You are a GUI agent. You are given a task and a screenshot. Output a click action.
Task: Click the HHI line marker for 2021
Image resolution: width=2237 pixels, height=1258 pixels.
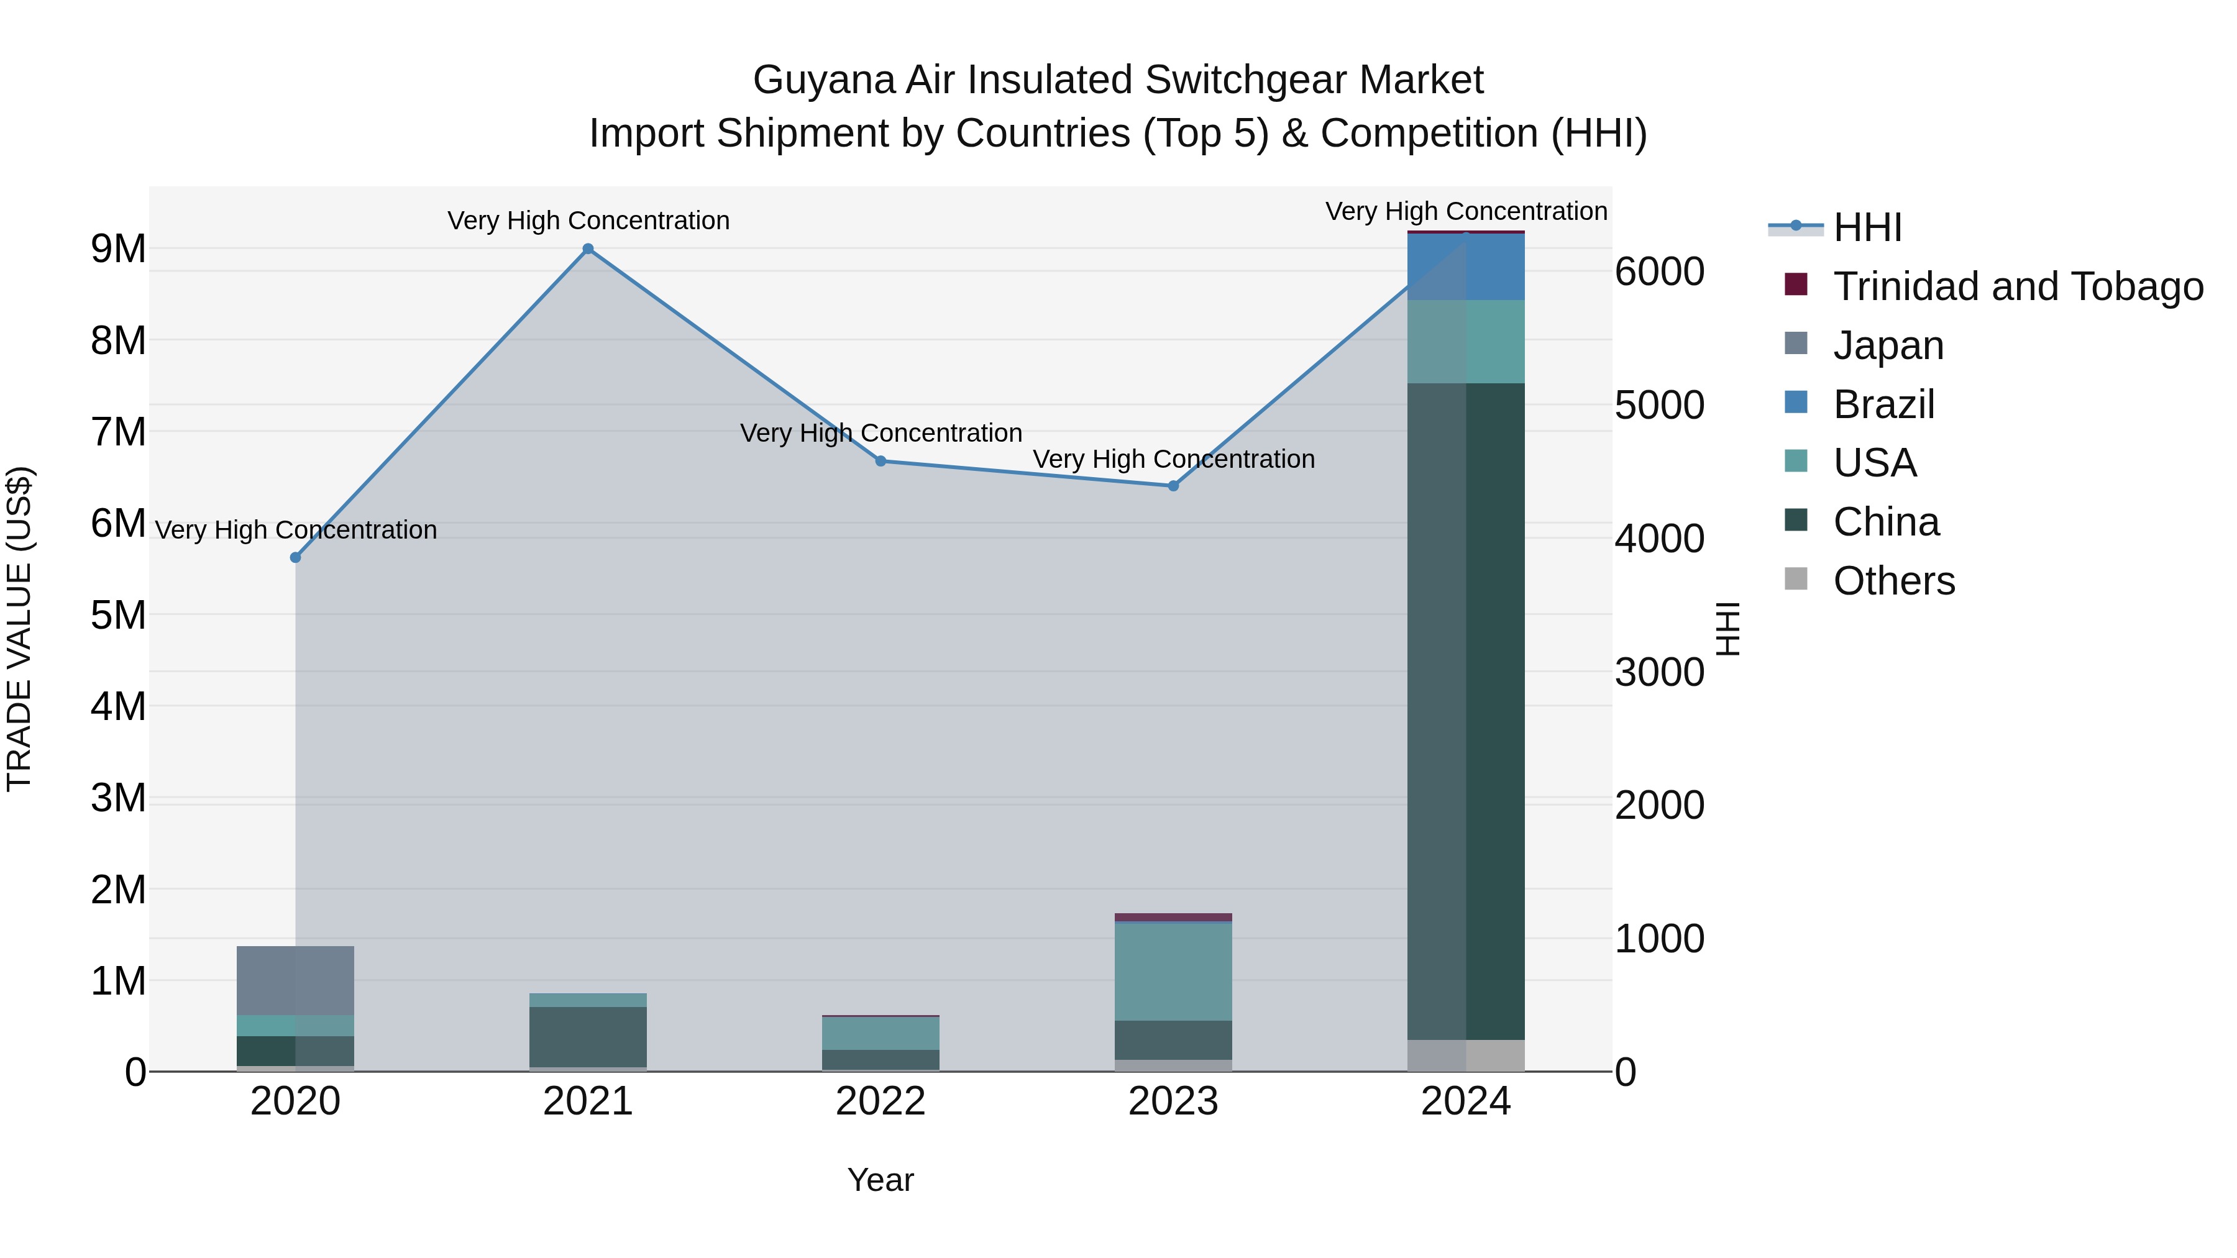[588, 249]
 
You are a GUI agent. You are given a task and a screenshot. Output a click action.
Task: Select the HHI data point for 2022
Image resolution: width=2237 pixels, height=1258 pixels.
[881, 461]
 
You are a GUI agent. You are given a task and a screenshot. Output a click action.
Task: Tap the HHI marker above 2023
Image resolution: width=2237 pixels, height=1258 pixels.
[1173, 486]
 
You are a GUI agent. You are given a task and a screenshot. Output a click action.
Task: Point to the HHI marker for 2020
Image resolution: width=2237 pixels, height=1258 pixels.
[295, 557]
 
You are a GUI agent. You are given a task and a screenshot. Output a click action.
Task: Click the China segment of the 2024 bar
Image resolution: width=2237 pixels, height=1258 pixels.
[1466, 712]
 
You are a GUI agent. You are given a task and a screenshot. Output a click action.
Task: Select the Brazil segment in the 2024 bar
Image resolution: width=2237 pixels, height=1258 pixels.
[1466, 267]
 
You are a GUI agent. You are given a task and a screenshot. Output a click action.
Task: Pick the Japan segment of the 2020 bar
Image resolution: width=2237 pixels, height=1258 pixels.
[295, 981]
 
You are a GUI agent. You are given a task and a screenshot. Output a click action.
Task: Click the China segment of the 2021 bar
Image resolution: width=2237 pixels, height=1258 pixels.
[588, 1037]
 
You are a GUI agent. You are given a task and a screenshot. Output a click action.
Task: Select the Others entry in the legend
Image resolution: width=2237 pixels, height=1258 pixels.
[1893, 581]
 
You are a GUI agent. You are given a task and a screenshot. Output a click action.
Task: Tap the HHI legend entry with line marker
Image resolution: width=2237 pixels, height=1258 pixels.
[1867, 227]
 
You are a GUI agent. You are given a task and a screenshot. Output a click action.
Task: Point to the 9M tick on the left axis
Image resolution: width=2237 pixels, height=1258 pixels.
[119, 249]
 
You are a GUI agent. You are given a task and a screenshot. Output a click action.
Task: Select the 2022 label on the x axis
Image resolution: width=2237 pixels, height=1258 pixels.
[881, 1101]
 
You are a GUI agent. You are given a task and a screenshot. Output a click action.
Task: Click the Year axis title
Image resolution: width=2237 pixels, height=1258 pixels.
[881, 1180]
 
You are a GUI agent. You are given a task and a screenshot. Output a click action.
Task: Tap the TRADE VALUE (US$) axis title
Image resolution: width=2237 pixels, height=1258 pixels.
[19, 629]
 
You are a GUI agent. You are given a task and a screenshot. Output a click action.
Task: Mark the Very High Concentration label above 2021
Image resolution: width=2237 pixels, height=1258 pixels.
[588, 221]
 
